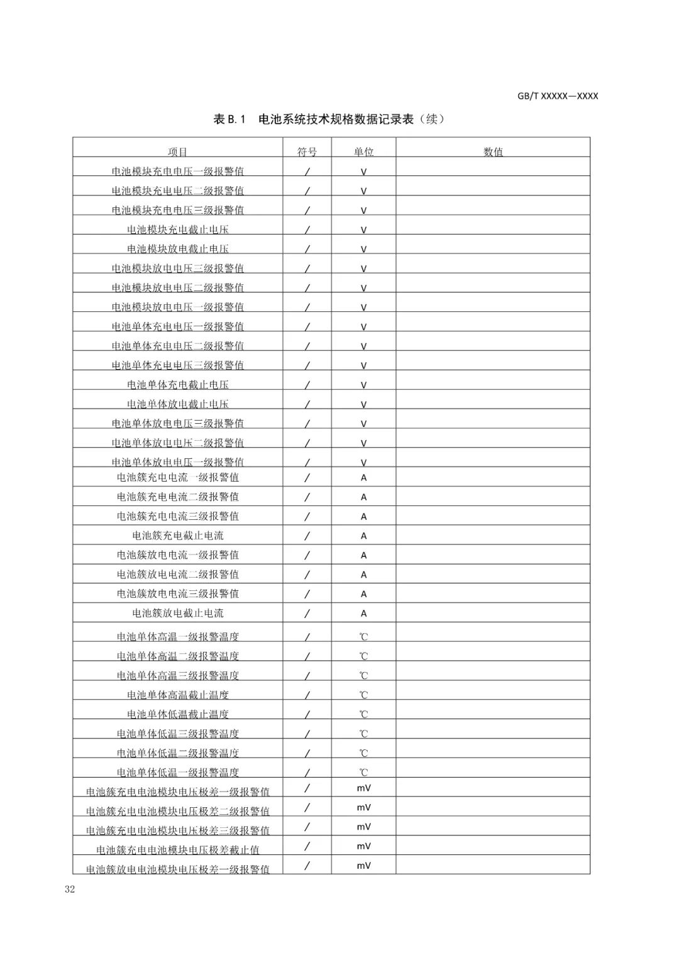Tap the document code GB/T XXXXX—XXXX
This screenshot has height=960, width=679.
point(558,96)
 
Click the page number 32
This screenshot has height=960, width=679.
point(69,889)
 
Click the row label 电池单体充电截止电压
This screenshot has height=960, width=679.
point(178,385)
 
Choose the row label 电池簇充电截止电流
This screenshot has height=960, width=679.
point(178,536)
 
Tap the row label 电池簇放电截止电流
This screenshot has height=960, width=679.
point(178,613)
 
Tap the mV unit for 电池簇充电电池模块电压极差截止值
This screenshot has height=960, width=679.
point(363,846)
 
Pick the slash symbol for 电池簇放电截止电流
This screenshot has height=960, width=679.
point(307,613)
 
